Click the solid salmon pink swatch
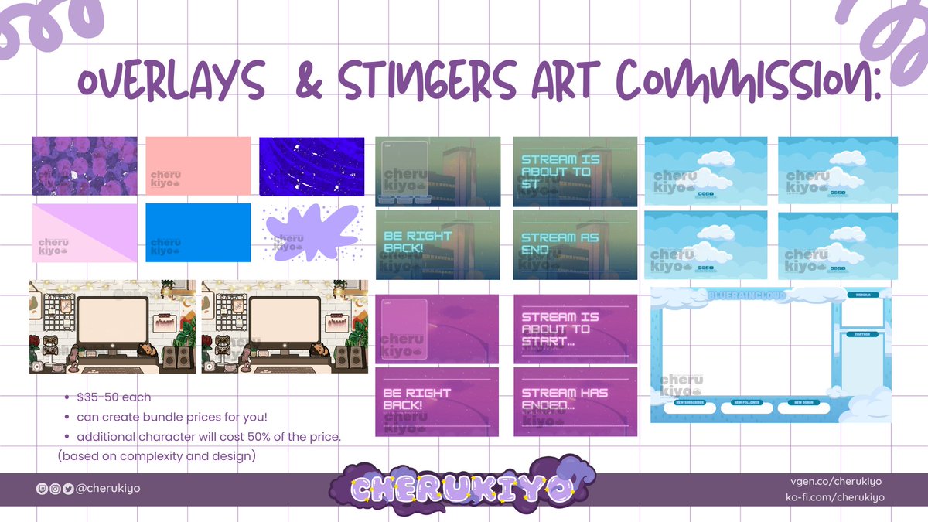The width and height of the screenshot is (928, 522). [x=198, y=165]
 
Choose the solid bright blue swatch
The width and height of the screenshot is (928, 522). [x=198, y=232]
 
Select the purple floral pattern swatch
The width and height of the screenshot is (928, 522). [x=84, y=165]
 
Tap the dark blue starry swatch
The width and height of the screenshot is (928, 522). [x=311, y=165]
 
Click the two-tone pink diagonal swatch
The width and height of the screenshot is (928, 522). [x=84, y=232]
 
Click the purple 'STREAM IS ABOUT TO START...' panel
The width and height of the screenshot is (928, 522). [x=575, y=329]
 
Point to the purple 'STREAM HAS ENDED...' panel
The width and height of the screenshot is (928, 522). [x=575, y=401]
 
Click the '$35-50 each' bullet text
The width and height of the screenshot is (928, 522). [x=114, y=397]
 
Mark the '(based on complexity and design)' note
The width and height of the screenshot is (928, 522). [x=156, y=455]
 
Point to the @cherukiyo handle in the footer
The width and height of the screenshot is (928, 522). [x=107, y=488]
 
